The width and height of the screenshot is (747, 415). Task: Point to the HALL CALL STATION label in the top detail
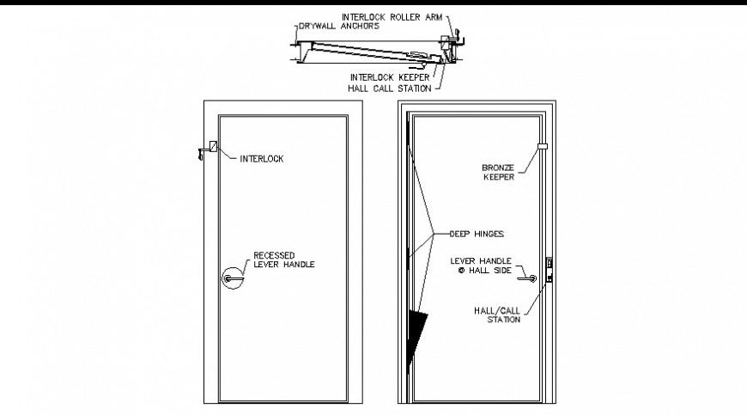(x=389, y=88)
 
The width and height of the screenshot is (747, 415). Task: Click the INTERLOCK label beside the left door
(x=261, y=158)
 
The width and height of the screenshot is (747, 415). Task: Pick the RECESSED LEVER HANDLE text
(x=284, y=260)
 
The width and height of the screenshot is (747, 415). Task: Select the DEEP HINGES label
(x=476, y=233)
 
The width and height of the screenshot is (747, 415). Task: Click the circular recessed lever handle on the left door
(x=232, y=278)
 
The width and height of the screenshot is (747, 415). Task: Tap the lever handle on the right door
(x=529, y=278)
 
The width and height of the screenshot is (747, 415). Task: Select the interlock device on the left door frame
(x=209, y=150)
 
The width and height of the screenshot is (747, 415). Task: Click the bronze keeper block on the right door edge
(x=543, y=146)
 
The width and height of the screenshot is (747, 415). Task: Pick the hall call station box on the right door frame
(x=550, y=268)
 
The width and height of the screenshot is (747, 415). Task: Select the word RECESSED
(x=275, y=255)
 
